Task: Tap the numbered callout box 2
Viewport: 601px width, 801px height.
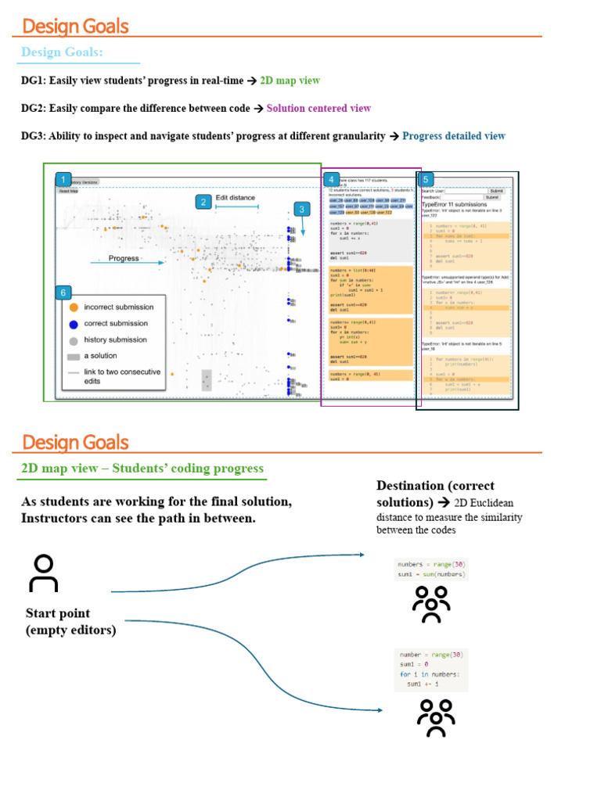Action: point(203,202)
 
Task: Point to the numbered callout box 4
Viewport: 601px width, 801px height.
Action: point(333,180)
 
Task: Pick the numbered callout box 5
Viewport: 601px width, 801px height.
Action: point(427,179)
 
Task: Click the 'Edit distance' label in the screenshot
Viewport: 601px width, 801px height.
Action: point(236,198)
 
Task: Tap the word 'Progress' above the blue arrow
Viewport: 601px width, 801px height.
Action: point(124,258)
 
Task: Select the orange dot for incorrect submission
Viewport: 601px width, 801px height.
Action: point(74,307)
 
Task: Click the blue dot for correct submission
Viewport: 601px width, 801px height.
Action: point(74,324)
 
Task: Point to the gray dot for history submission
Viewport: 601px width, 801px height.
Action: point(74,340)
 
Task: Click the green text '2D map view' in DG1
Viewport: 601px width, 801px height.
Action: point(290,81)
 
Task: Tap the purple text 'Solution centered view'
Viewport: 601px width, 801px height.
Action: point(318,108)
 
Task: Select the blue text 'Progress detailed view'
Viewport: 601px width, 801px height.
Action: point(454,136)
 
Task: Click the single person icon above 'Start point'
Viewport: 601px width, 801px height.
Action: point(44,573)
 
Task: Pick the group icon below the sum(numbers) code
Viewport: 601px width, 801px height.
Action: point(430,603)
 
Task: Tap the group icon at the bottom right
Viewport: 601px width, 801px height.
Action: point(436,717)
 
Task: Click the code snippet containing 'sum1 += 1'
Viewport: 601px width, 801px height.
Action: point(431,668)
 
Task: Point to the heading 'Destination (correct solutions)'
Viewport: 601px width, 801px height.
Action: point(435,494)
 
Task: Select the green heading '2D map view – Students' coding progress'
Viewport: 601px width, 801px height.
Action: point(142,469)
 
